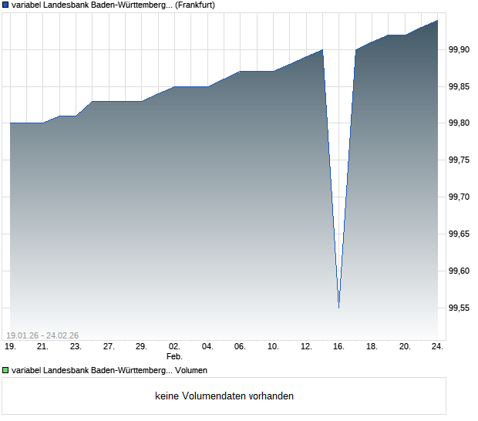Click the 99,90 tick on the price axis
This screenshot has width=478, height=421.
tap(459, 49)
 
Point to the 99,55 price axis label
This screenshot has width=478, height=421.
tap(459, 308)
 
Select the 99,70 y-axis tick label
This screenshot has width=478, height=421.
tap(459, 197)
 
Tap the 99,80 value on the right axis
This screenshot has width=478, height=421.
tap(459, 123)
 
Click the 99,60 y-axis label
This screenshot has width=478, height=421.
tap(459, 271)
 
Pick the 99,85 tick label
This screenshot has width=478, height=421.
tap(459, 86)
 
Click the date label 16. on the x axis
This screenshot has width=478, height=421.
tap(338, 347)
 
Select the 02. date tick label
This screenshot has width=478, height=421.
tap(174, 347)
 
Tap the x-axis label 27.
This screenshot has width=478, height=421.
tap(109, 347)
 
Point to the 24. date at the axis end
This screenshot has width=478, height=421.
tap(437, 347)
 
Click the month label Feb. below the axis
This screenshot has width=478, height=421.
tap(174, 356)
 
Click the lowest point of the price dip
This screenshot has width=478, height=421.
tap(338, 308)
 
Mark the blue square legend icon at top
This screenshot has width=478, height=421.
tap(5, 5)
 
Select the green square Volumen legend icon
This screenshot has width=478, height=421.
tap(5, 371)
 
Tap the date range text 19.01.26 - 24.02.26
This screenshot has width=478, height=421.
tap(42, 335)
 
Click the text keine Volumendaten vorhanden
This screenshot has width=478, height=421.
tap(224, 396)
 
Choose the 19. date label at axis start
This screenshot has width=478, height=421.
tap(10, 347)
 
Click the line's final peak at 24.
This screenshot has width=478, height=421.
tap(437, 21)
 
